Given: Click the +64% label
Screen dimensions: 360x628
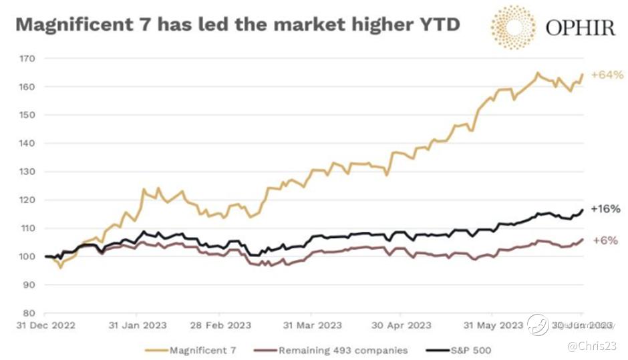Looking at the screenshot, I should (607, 75).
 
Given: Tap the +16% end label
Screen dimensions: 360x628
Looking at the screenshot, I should (605, 209).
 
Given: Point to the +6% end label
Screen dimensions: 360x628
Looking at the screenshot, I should (604, 240).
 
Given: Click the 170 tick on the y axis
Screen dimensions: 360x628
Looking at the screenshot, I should (27, 59).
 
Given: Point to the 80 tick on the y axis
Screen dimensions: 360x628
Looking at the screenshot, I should (29, 313).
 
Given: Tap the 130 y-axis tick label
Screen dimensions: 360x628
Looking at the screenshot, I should (27, 172).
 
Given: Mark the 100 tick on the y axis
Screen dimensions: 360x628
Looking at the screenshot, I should (27, 256).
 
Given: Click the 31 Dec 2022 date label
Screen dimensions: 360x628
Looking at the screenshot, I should (45, 325).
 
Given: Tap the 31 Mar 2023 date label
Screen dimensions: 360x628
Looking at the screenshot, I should (313, 325).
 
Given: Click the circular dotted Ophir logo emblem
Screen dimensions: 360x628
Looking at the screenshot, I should (513, 27).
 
